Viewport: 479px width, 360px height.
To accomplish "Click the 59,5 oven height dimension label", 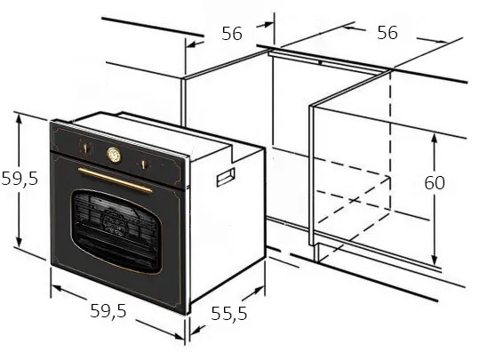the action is (20, 178).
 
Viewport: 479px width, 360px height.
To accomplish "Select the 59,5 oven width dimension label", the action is (108, 311).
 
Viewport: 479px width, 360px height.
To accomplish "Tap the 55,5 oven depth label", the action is (228, 313).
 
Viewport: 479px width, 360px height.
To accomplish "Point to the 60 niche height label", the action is (435, 183).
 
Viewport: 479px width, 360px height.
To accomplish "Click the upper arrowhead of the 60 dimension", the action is (434, 139).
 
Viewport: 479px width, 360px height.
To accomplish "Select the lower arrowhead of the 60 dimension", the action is (434, 260).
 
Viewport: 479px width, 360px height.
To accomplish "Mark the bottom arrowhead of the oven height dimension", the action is (19, 241).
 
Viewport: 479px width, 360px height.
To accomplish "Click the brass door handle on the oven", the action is (115, 180).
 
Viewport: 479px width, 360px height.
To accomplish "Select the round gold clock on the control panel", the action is (114, 155).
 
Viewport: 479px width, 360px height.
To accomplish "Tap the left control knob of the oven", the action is (85, 148).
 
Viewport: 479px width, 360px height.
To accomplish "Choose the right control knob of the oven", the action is (144, 165).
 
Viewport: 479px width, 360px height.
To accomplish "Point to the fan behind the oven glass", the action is (114, 222).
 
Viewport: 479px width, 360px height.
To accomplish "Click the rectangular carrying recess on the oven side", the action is (226, 177).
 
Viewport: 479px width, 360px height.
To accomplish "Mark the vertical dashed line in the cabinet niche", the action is (390, 141).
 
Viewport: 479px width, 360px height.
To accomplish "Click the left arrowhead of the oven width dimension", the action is (58, 288).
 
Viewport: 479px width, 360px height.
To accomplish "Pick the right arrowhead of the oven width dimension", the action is (178, 335).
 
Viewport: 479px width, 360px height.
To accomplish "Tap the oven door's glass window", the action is (116, 232).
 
